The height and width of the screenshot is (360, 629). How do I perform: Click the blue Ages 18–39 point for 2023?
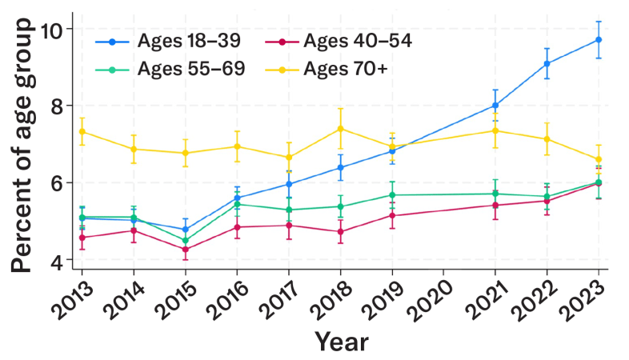pyautogui.click(x=598, y=40)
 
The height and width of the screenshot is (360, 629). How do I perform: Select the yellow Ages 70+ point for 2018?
pyautogui.click(x=340, y=128)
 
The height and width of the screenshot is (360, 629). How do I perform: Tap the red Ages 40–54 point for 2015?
pyautogui.click(x=186, y=249)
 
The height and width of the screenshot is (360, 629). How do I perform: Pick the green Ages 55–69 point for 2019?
pyautogui.click(x=392, y=195)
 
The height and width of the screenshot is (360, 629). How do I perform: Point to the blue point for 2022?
pyautogui.click(x=547, y=63)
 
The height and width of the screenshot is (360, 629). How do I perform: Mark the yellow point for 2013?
pyautogui.click(x=82, y=131)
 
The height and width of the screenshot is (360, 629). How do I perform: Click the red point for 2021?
pyautogui.click(x=495, y=206)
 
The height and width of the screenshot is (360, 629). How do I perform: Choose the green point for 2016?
pyautogui.click(x=237, y=204)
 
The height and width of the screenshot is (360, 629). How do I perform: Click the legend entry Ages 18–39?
pyautogui.click(x=168, y=41)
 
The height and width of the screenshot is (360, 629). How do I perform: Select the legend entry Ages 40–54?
pyautogui.click(x=339, y=41)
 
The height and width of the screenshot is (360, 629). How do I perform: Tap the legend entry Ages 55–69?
pyautogui.click(x=170, y=69)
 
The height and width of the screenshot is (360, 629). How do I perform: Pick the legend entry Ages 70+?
pyautogui.click(x=327, y=69)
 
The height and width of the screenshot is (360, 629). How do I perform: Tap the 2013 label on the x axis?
pyautogui.click(x=72, y=299)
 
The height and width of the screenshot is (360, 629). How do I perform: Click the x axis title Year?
pyautogui.click(x=342, y=342)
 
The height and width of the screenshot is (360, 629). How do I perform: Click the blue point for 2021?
pyautogui.click(x=495, y=106)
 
